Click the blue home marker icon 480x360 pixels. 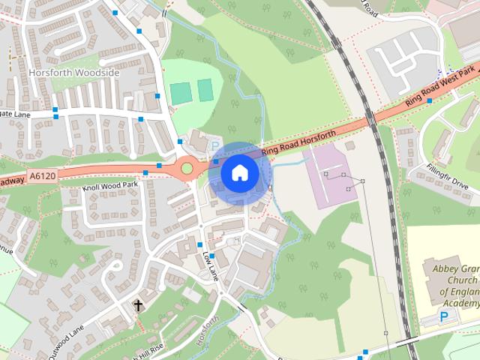238,173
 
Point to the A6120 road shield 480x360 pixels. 42,176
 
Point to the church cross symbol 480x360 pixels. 138,305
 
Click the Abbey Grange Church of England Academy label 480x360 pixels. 453,285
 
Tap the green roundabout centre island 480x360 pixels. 187,168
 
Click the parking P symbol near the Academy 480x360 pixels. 443,318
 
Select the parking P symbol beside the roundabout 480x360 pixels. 216,145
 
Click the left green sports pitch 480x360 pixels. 180,93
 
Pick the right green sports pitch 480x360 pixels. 205,91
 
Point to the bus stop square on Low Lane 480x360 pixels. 199,245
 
